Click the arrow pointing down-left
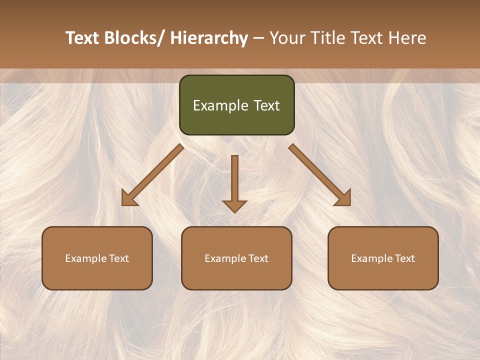tap(152, 175)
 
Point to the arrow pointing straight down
tap(234, 182)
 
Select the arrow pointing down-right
tap(320, 175)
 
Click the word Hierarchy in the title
tap(209, 38)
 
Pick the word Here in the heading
tap(407, 38)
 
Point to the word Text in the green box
tap(266, 105)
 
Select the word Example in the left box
tap(86, 258)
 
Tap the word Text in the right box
tap(404, 258)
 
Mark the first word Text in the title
tap(82, 38)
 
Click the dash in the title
tap(258, 39)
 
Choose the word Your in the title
tap(286, 38)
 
